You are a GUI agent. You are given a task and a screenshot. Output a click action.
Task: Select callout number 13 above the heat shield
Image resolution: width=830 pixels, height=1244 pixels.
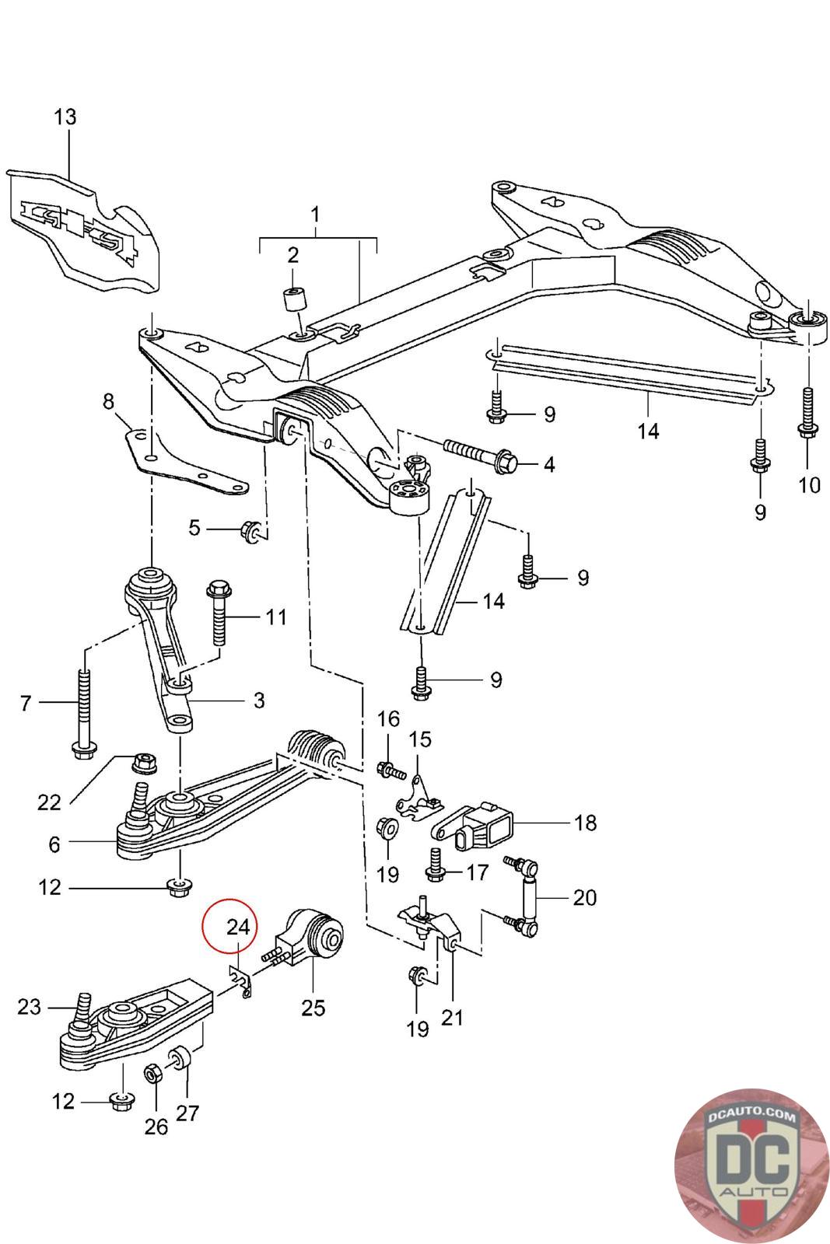pos(65,117)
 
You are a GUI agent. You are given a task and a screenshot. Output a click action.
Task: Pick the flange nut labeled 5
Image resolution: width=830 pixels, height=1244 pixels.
pos(250,529)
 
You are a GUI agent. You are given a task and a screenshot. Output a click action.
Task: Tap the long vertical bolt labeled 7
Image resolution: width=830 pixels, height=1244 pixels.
pos(85,714)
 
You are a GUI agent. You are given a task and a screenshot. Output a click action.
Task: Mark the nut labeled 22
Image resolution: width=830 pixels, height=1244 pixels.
pos(145,763)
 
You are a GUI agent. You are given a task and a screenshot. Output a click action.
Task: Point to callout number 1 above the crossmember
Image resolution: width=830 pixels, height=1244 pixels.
pos(315,215)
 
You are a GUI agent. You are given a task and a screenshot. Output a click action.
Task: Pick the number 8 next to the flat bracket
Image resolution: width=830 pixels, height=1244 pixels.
pos(108,401)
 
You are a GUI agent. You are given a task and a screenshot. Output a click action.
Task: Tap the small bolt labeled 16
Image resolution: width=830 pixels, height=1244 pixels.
pos(391,771)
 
